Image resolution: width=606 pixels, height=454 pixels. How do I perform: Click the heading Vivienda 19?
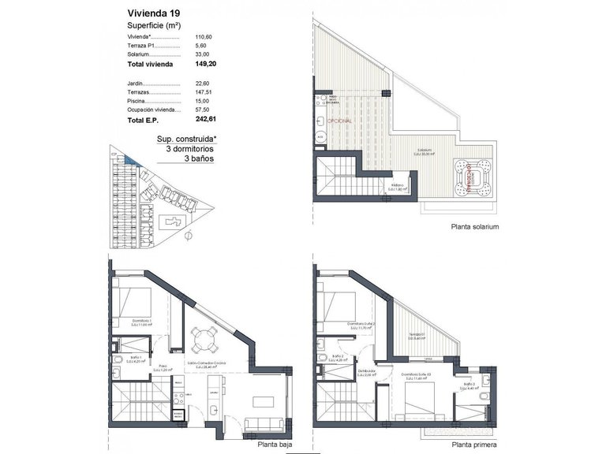(x=154, y=13)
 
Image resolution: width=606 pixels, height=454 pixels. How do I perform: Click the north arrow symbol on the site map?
(x=187, y=235)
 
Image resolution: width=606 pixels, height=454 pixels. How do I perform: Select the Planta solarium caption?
(x=475, y=226)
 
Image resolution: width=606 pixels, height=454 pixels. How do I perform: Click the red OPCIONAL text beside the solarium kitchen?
(x=351, y=121)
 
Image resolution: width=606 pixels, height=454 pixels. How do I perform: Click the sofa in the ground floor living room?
(x=261, y=425)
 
